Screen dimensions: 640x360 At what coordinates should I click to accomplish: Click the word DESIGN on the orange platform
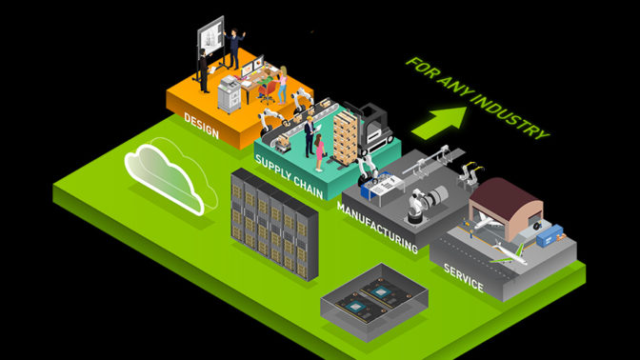point(201,126)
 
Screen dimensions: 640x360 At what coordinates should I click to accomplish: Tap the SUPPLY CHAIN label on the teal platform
point(289,177)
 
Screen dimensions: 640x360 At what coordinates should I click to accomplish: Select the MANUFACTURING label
point(377,227)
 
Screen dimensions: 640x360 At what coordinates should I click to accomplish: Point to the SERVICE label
point(463,277)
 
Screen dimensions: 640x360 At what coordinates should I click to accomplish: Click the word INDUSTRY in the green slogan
point(510,114)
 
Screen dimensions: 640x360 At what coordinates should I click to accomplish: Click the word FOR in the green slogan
point(421,66)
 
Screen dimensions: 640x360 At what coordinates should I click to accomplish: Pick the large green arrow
point(440,122)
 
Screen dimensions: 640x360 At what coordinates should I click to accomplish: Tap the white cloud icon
point(170,178)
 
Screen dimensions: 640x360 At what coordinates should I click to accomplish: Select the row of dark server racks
point(274,224)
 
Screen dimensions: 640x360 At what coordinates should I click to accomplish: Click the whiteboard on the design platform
point(210,37)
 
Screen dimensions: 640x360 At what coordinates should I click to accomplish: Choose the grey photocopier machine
point(229,94)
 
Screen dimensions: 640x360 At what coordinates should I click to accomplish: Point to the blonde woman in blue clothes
point(283,85)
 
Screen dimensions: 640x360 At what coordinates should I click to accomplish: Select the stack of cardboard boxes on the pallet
point(346,137)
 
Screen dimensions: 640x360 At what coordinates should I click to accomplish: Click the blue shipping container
point(550,235)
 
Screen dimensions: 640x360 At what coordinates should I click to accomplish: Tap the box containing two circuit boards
point(374,302)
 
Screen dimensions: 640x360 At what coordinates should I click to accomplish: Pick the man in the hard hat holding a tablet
point(310,136)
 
